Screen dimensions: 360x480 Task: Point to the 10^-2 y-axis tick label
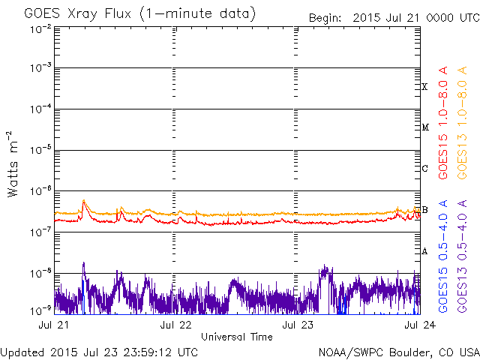click(40, 28)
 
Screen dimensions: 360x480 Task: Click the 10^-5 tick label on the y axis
click(40, 150)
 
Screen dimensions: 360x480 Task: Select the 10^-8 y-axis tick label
click(40, 271)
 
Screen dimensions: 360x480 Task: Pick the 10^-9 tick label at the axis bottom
click(40, 310)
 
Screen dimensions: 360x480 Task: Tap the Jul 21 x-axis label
click(55, 325)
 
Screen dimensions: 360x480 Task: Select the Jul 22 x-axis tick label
click(175, 325)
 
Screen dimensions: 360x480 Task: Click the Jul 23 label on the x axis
click(295, 325)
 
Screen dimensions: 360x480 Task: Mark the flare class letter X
click(424, 87)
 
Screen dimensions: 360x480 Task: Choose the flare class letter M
click(424, 127)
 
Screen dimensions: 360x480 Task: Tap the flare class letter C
click(424, 168)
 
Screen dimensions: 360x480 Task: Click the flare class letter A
click(424, 251)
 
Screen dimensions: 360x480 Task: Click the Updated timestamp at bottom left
click(100, 352)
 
